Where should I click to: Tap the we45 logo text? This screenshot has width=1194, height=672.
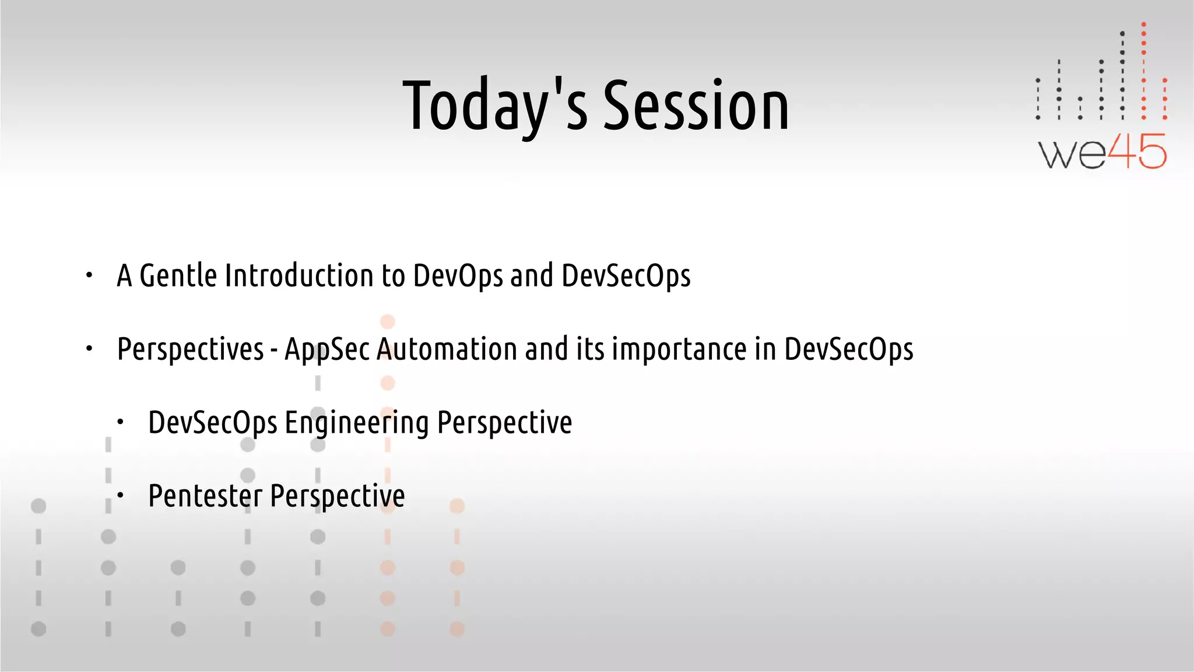(1102, 152)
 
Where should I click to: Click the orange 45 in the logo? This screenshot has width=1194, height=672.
(1136, 152)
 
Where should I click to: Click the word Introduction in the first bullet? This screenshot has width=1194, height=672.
(298, 276)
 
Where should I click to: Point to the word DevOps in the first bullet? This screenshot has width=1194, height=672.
(457, 276)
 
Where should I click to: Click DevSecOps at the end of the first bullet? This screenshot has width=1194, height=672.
(626, 276)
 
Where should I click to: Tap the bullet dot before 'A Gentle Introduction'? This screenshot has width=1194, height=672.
(89, 275)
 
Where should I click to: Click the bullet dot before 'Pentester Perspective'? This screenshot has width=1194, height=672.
(120, 496)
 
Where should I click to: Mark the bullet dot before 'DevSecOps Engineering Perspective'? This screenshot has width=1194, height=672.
(120, 422)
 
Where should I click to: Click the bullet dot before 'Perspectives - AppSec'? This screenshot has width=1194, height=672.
(89, 349)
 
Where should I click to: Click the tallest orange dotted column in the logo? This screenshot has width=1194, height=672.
(1143, 70)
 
